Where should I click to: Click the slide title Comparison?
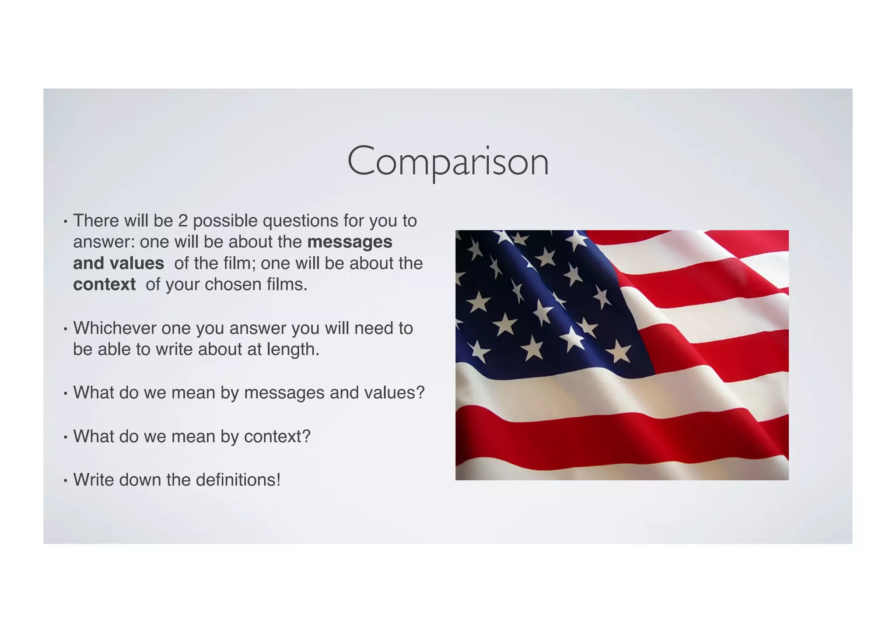(448, 162)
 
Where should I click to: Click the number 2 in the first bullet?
(182, 221)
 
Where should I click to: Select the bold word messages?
(350, 242)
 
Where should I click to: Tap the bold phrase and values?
(119, 264)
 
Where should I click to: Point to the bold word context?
(104, 285)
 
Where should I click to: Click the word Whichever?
(114, 328)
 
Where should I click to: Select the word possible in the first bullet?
(225, 221)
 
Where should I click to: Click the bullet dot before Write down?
(65, 481)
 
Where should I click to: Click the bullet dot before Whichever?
(65, 329)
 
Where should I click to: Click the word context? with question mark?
(277, 437)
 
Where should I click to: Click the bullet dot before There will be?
(65, 222)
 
